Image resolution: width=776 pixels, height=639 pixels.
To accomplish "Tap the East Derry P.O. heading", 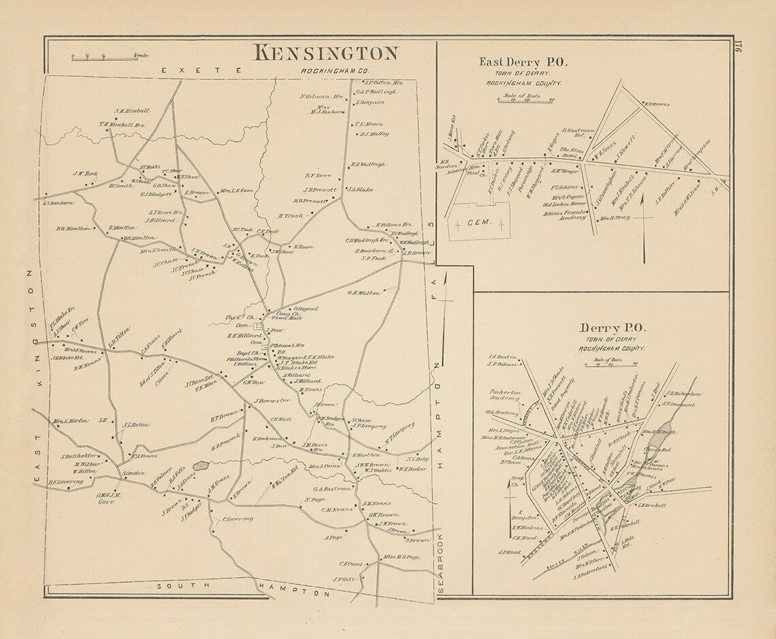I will point(523,61).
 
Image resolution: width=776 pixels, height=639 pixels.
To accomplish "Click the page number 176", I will point(739,52).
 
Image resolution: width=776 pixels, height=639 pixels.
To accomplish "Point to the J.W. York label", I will point(86,174).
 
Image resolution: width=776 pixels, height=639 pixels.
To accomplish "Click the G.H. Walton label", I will point(362,293).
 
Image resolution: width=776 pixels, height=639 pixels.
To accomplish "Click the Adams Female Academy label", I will point(564,214).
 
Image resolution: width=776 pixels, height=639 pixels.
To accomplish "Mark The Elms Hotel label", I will point(568,152).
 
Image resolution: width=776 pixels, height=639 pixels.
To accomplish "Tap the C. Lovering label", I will point(238,519).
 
